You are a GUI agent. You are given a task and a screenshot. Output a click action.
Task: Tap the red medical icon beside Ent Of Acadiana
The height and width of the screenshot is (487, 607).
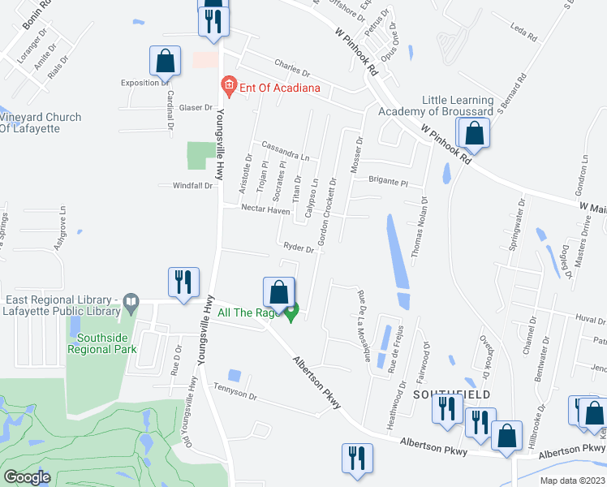coord(229,87)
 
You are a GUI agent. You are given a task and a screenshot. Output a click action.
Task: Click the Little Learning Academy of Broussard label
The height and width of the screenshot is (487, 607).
coord(457,106)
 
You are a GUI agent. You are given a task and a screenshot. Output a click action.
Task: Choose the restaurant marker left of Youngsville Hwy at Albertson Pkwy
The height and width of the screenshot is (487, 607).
coord(183,282)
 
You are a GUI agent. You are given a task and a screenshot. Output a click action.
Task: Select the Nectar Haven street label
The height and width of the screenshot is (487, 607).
coord(265,210)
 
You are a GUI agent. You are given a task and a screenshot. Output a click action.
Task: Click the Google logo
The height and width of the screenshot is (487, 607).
coord(27,477)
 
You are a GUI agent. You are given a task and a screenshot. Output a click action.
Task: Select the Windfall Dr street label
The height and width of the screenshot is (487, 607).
coord(192,186)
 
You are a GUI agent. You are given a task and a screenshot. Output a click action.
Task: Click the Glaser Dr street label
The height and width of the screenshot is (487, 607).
coord(196,108)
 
